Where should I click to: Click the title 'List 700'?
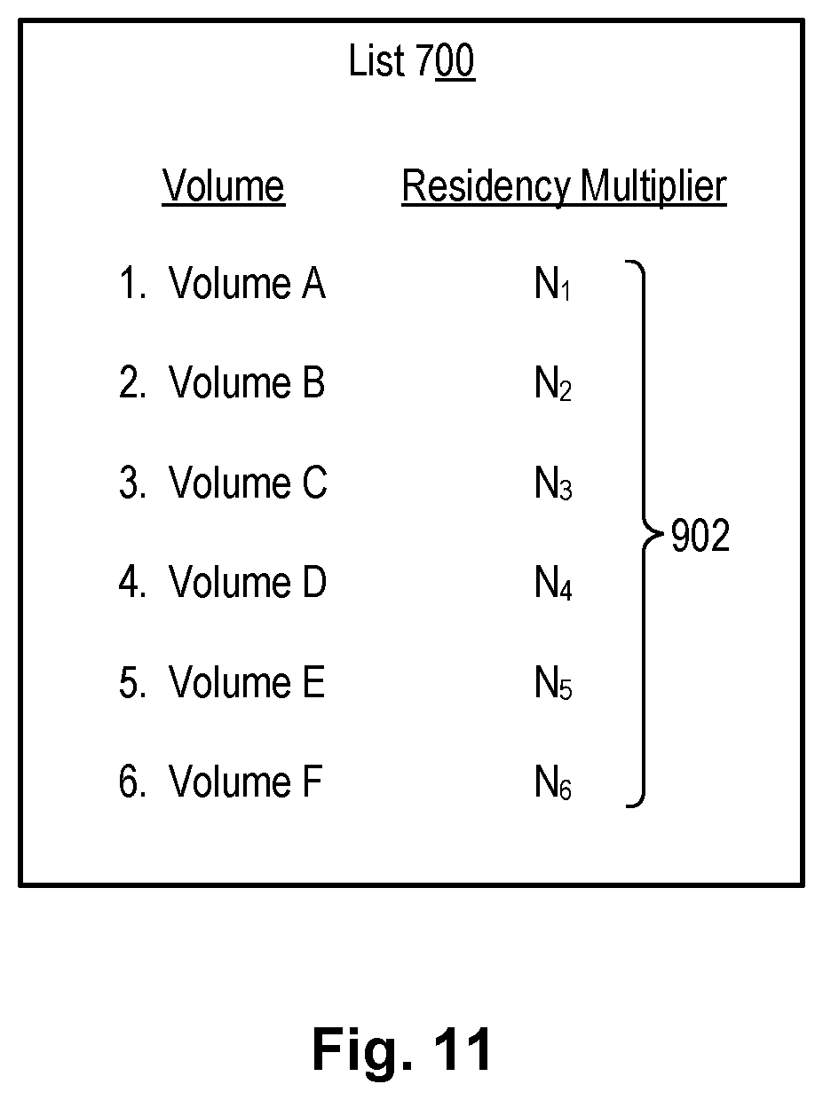click(411, 62)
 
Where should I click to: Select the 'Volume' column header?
click(224, 187)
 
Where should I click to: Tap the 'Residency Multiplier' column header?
click(564, 187)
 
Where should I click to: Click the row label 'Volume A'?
click(247, 285)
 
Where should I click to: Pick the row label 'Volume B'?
click(247, 383)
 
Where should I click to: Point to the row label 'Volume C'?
click(248, 483)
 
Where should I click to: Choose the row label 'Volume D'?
click(248, 583)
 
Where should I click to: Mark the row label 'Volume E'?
click(247, 683)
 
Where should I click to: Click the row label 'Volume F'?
click(244, 782)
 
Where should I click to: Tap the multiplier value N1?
click(552, 286)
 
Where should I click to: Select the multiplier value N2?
click(552, 385)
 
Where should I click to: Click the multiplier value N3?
click(552, 484)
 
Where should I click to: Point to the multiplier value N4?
click(552, 584)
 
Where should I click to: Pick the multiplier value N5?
click(552, 684)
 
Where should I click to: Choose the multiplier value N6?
click(552, 783)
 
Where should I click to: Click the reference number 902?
click(700, 537)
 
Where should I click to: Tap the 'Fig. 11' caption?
click(401, 1050)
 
